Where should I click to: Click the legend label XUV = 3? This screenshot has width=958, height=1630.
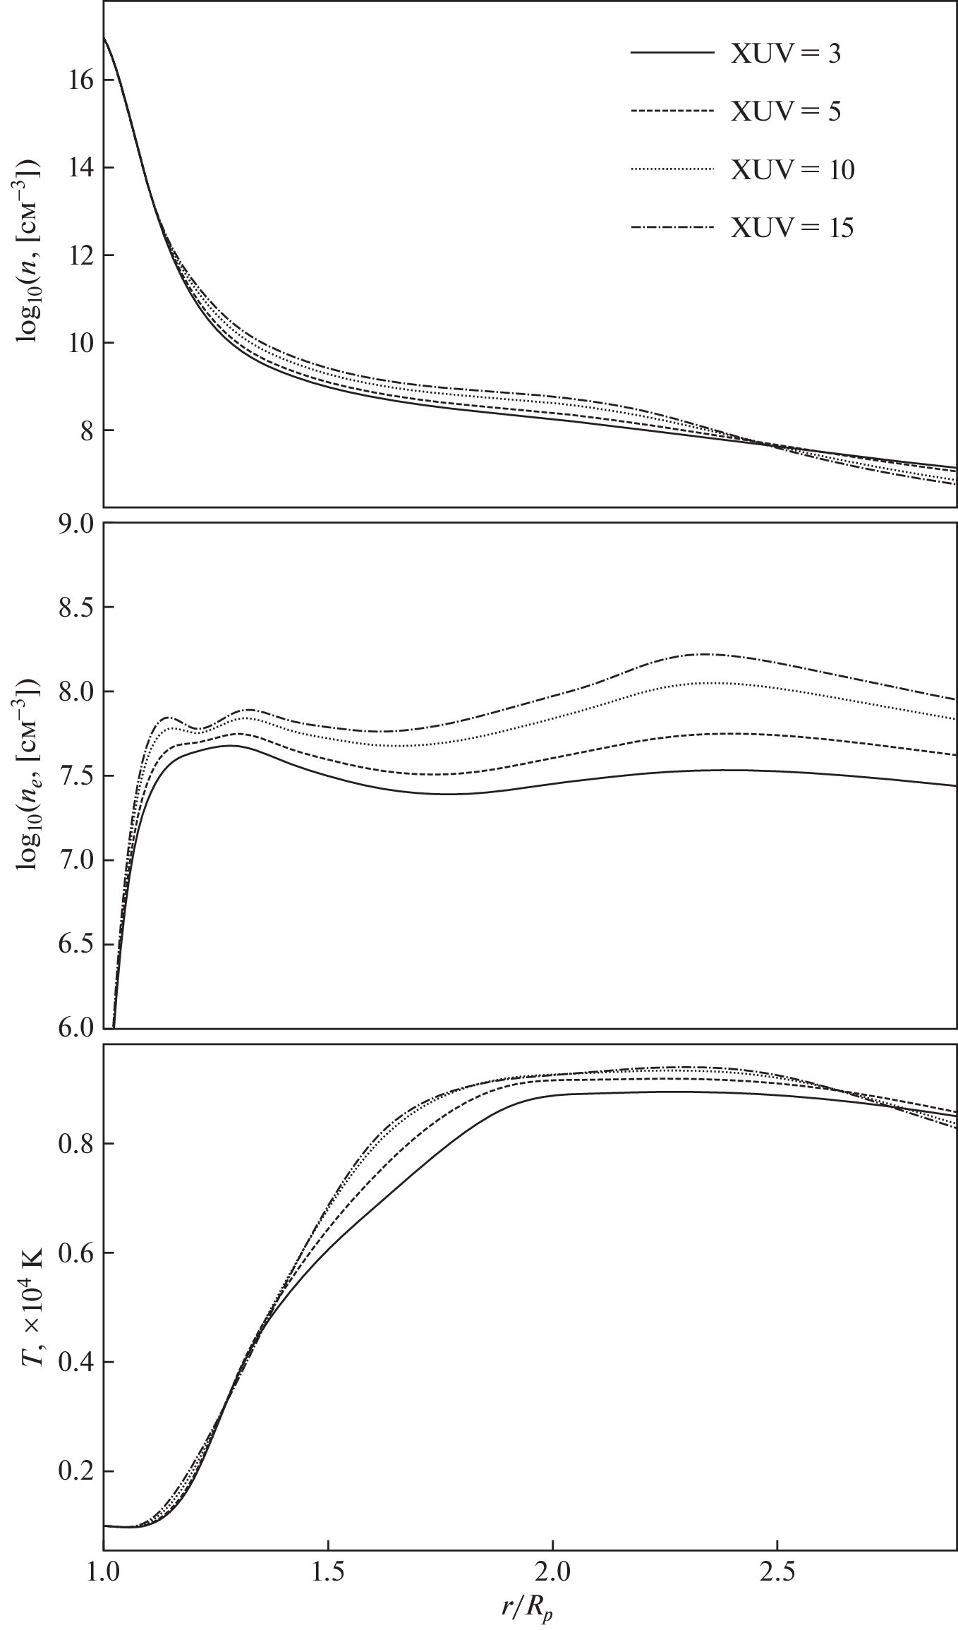click(785, 54)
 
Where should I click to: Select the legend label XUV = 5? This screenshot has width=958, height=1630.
click(785, 112)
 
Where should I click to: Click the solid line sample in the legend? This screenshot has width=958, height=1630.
click(670, 54)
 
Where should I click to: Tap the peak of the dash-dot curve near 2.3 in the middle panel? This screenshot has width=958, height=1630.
click(704, 654)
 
